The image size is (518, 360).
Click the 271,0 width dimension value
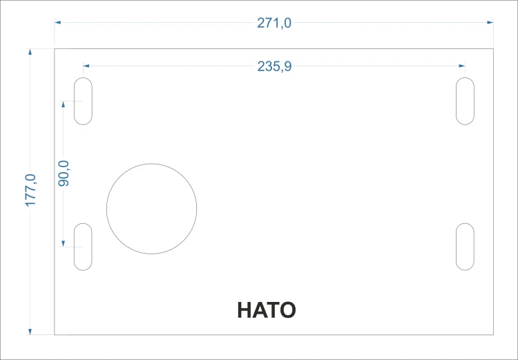[x=274, y=23]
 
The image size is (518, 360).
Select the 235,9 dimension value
[x=274, y=66]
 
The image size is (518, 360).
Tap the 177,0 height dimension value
[x=30, y=191]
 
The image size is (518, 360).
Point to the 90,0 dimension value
[x=64, y=173]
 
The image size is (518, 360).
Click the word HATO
[x=267, y=310]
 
